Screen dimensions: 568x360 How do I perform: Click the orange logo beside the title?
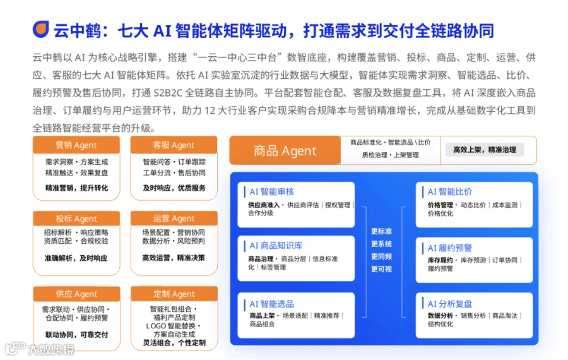(x=40, y=29)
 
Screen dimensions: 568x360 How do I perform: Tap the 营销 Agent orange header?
(x=76, y=145)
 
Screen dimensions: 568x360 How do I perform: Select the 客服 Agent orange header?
(x=174, y=145)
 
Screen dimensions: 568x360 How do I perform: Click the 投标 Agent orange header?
(x=76, y=219)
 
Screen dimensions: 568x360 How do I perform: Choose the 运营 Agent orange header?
(x=174, y=219)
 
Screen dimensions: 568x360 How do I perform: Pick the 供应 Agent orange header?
(x=76, y=294)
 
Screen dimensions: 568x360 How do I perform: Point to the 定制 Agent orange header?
(x=174, y=294)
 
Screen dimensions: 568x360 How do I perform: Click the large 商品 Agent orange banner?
(x=285, y=150)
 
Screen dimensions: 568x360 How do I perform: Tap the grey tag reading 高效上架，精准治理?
(x=484, y=150)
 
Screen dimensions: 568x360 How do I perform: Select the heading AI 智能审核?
(x=271, y=192)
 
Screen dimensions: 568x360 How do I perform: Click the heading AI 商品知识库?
(x=276, y=246)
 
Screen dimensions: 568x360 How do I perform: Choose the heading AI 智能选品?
(x=271, y=304)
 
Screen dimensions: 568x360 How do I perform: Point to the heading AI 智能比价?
(x=450, y=192)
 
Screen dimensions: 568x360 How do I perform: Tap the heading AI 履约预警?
(x=450, y=248)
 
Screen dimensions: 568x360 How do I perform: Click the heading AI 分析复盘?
(x=450, y=304)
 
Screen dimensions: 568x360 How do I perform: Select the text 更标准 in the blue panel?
(x=381, y=231)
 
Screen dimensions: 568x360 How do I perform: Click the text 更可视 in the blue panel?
(x=381, y=269)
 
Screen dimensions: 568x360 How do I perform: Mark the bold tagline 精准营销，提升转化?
(x=76, y=188)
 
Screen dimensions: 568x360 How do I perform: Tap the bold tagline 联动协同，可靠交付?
(x=76, y=335)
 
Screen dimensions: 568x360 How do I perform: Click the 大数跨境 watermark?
(x=40, y=349)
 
